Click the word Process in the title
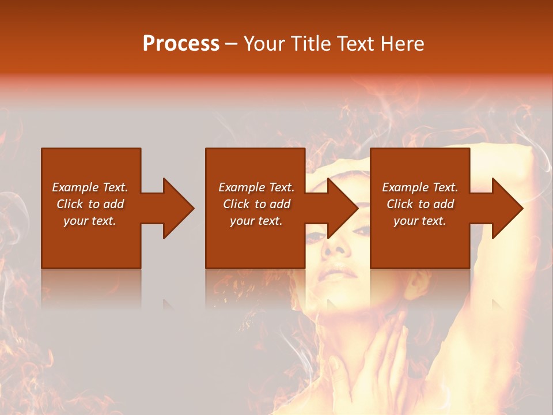(x=181, y=44)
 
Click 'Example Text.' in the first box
(x=90, y=187)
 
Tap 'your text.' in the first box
(x=90, y=221)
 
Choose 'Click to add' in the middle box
(x=256, y=204)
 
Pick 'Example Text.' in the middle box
(x=256, y=187)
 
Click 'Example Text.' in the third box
(x=420, y=187)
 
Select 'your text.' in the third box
(x=420, y=221)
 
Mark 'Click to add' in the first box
(x=90, y=204)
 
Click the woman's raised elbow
(x=536, y=156)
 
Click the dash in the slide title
(x=231, y=44)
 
